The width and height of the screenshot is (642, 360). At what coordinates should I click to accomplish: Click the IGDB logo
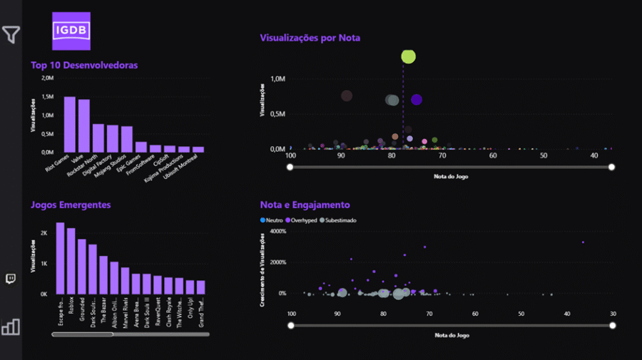point(72,31)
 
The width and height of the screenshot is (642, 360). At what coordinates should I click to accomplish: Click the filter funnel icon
point(11,34)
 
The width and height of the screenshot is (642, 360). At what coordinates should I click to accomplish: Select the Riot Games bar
point(70,124)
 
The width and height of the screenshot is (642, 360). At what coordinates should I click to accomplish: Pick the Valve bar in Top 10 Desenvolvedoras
point(84,125)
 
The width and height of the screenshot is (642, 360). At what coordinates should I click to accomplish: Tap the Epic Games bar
point(141,147)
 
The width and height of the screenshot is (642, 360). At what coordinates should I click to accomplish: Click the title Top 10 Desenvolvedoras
point(84,65)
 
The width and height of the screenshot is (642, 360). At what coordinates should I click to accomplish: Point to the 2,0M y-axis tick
point(47,78)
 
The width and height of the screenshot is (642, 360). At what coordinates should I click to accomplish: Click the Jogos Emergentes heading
point(71,205)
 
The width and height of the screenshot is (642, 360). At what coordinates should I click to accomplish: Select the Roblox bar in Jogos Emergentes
point(71,261)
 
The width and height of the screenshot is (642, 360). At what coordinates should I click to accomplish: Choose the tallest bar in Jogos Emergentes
point(61,258)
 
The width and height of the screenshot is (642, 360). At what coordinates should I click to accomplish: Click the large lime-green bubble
point(408,56)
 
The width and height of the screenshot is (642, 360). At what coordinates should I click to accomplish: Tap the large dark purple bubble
point(417,100)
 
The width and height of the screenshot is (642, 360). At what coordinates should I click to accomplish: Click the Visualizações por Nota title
point(310,37)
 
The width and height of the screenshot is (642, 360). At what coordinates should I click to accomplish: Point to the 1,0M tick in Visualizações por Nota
point(277,78)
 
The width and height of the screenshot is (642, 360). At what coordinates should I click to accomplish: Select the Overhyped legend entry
point(303,220)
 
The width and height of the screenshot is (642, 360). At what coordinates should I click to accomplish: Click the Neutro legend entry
point(273,220)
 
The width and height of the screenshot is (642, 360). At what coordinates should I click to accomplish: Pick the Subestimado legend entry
point(340,220)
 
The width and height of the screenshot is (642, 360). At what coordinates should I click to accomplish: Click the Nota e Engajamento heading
point(305,205)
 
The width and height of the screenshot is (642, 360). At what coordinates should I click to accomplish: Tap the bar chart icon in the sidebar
point(11,326)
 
